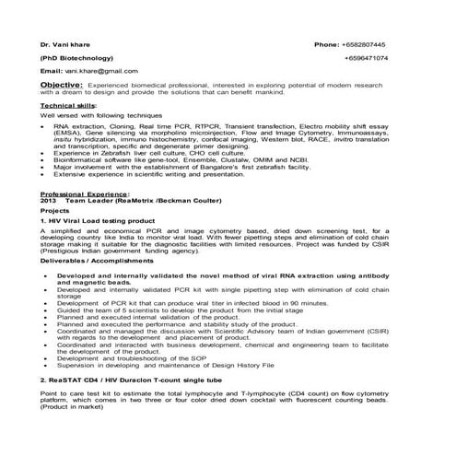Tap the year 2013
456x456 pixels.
point(49,201)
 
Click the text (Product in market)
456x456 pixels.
point(70,407)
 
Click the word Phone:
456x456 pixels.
point(327,44)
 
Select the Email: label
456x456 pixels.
point(51,70)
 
